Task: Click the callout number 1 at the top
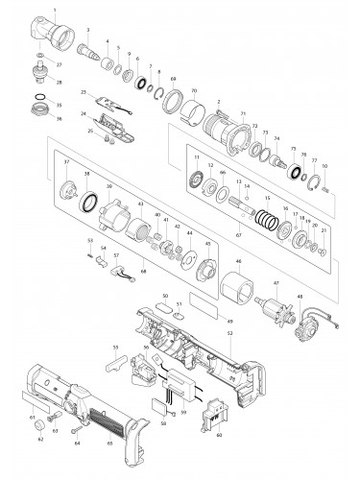(56, 9)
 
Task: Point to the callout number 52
(229, 332)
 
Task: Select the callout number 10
(326, 166)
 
